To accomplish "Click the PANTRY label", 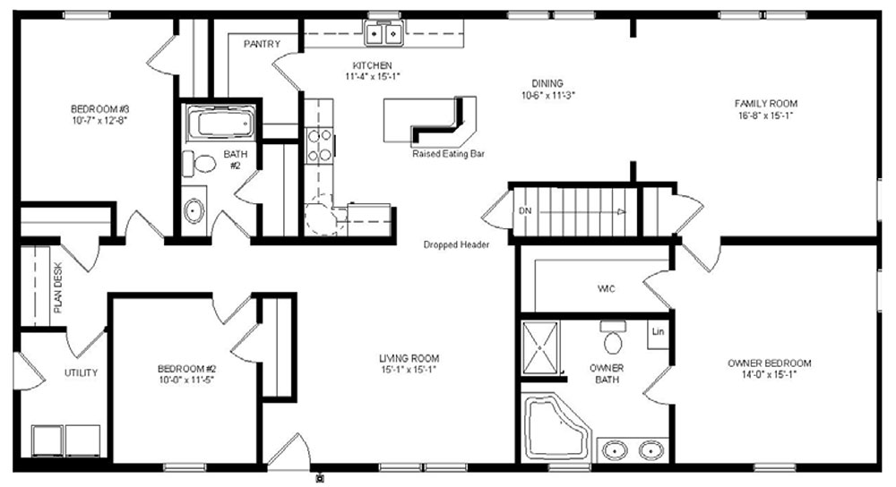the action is click(262, 44).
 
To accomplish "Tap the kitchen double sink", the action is click(384, 32).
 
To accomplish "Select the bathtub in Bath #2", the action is click(220, 123).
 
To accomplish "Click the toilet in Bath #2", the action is click(199, 163).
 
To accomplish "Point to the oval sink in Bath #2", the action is click(194, 210).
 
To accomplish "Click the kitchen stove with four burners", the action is click(320, 145).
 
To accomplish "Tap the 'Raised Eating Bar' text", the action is click(448, 154).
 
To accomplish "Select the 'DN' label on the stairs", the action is click(524, 210).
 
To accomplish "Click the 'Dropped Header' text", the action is click(456, 244).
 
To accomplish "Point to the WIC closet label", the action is click(606, 289).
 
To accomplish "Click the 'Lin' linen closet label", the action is click(658, 332).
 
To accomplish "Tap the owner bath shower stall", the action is click(540, 347).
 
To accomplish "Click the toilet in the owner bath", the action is click(613, 337).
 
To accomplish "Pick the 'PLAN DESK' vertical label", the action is click(57, 287).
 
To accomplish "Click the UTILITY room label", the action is click(81, 372).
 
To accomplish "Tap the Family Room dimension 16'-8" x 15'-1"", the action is click(766, 115).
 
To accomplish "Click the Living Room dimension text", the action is click(409, 369).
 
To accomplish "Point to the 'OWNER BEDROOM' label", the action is click(769, 363).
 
